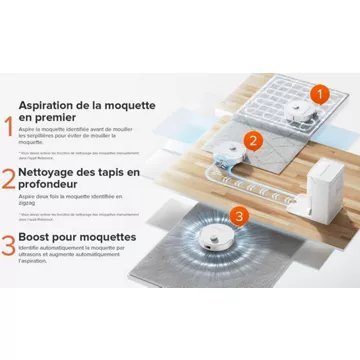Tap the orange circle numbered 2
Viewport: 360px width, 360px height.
click(254, 141)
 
